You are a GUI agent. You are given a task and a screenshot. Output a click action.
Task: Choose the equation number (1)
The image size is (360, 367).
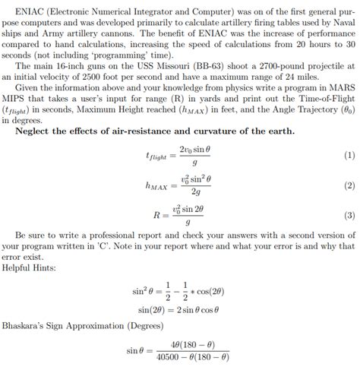tap(349, 156)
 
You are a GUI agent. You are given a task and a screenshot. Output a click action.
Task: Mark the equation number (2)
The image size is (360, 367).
tap(349, 185)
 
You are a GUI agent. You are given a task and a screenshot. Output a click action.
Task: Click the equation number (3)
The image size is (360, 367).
tap(349, 215)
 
